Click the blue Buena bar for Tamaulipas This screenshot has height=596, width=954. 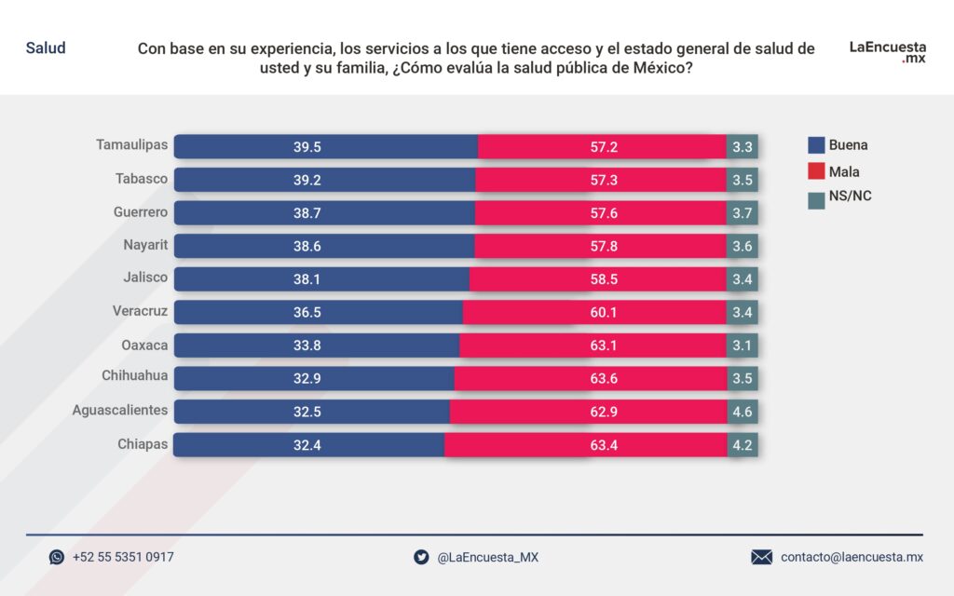326,146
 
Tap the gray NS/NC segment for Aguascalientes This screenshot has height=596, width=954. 743,412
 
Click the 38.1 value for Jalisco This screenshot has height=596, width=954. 307,278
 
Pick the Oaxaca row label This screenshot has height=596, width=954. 144,345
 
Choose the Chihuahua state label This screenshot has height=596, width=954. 135,377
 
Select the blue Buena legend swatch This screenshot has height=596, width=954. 816,145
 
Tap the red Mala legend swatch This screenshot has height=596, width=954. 816,171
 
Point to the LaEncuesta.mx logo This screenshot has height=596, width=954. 887,51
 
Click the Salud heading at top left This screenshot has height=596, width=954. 46,47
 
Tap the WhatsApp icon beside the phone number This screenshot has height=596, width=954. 57,557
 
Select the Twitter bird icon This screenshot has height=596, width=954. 421,557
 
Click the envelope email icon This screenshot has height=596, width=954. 761,557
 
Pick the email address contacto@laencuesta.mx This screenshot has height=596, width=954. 852,557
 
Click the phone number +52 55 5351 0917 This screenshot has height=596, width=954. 123,557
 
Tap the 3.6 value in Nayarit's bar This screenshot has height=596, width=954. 743,246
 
